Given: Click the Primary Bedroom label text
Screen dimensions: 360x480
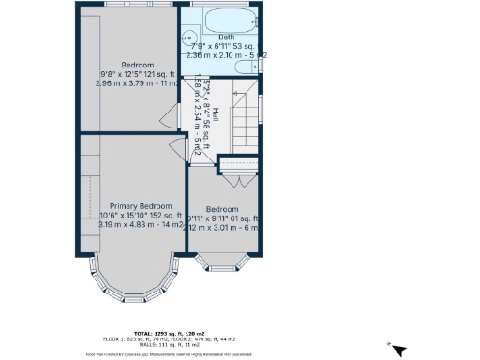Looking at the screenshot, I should pyautogui.click(x=141, y=205).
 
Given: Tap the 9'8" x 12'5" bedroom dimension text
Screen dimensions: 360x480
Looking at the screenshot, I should pyautogui.click(x=136, y=74).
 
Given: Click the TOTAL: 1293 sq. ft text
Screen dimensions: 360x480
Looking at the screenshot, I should pyautogui.click(x=239, y=334).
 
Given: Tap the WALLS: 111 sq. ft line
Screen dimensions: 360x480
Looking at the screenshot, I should pyautogui.click(x=239, y=344).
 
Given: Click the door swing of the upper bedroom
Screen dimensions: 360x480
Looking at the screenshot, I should pyautogui.click(x=169, y=115).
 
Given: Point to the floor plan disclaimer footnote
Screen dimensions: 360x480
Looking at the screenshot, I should pyautogui.click(x=239, y=354).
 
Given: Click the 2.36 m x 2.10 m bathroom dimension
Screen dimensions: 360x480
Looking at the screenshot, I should pyautogui.click(x=223, y=56).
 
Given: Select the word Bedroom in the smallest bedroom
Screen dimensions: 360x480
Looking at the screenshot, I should pyautogui.click(x=222, y=209).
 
